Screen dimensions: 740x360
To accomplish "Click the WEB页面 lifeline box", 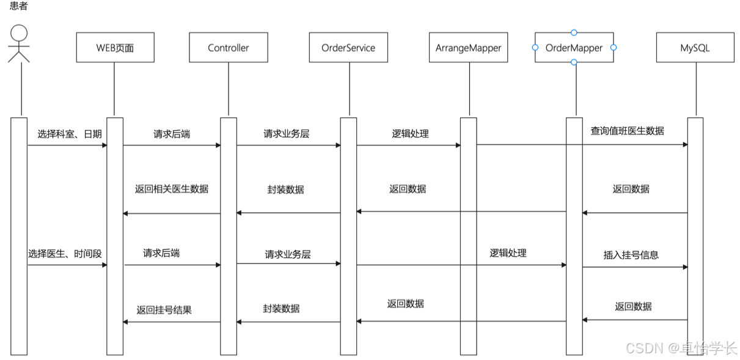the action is [115, 47].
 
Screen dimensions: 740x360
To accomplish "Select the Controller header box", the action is [229, 47].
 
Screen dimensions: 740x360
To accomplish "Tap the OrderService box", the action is [348, 47].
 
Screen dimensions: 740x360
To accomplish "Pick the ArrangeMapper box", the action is [469, 47].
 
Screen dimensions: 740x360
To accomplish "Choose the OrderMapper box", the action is [574, 47].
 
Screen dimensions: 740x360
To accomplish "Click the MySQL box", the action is [695, 47].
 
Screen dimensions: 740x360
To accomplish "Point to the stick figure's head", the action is [19, 33].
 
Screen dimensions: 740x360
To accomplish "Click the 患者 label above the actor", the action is [18, 6].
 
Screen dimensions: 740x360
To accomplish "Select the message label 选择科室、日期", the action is [70, 134].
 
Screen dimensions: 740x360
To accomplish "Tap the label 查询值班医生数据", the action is [628, 131].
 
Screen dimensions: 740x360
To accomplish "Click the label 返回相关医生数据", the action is [172, 189].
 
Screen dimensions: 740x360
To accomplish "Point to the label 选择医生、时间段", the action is [65, 254].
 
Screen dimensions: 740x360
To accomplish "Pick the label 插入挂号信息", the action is [631, 255].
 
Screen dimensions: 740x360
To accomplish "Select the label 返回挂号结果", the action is [164, 310].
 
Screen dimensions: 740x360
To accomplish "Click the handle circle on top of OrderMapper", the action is [574, 32].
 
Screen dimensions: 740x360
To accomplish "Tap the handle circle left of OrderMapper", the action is [535, 48].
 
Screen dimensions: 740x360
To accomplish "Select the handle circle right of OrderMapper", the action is [614, 48].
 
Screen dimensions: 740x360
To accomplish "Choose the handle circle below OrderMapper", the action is [574, 62].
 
